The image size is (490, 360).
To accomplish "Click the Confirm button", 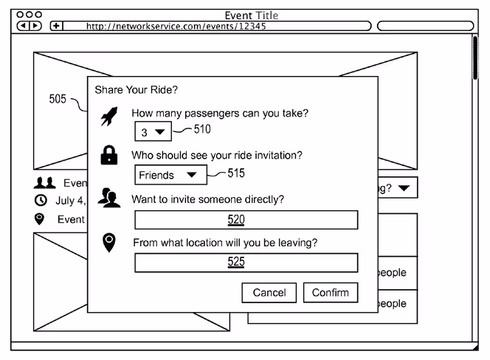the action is click(331, 292).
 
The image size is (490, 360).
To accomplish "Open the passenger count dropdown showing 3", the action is click(153, 131).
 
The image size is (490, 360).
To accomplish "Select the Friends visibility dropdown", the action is click(170, 175).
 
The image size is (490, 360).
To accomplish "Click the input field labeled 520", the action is click(246, 220).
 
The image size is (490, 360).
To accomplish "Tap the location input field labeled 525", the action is click(246, 263).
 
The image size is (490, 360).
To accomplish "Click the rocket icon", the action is click(109, 117).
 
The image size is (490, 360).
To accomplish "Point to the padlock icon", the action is click(109, 155).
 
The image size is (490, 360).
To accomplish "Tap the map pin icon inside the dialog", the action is click(109, 243).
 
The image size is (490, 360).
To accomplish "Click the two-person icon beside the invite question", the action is click(109, 198).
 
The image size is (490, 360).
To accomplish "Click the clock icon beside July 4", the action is click(41, 200).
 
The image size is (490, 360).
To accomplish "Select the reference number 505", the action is click(58, 99).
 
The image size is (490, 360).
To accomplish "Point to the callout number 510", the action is click(202, 129).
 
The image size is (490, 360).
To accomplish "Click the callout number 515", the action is click(236, 173).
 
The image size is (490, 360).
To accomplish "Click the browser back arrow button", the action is click(23, 26).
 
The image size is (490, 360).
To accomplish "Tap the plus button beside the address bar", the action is click(56, 26).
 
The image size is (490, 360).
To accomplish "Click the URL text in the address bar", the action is click(176, 26).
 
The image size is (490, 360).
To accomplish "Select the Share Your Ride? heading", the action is click(137, 90).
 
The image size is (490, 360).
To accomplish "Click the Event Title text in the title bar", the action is click(251, 15).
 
